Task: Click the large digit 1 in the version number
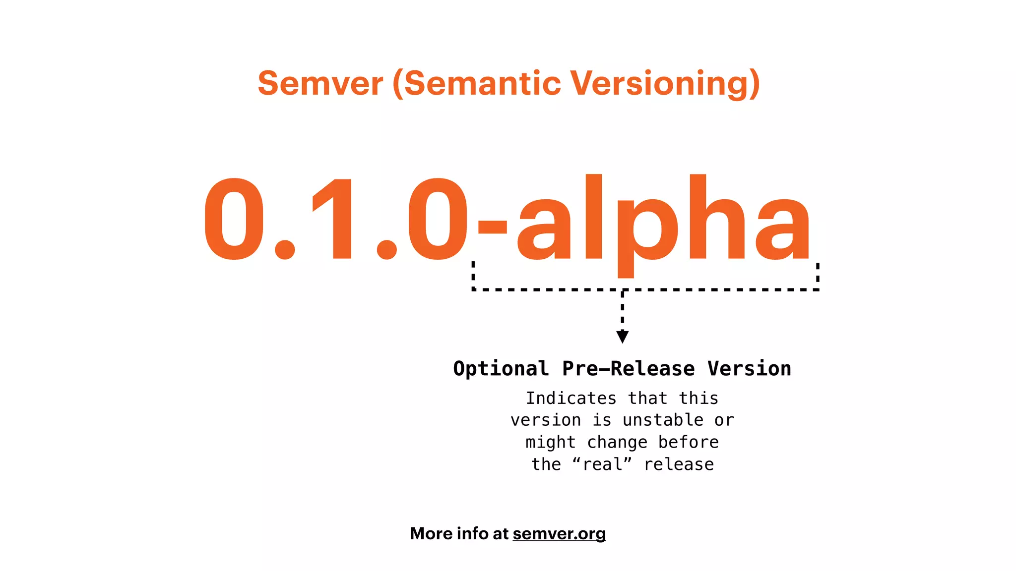click(335, 218)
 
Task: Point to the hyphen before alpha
click(492, 227)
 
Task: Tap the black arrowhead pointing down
click(623, 337)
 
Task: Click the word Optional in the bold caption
click(501, 369)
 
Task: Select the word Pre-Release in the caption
click(628, 369)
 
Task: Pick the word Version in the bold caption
click(749, 369)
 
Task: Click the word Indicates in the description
click(571, 399)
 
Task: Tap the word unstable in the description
click(663, 420)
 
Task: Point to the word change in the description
click(617, 442)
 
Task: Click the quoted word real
click(602, 464)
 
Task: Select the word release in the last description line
click(679, 464)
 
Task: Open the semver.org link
click(559, 534)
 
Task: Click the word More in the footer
click(431, 534)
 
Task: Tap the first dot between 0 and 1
click(285, 249)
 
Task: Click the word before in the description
click(689, 442)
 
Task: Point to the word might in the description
click(551, 442)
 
